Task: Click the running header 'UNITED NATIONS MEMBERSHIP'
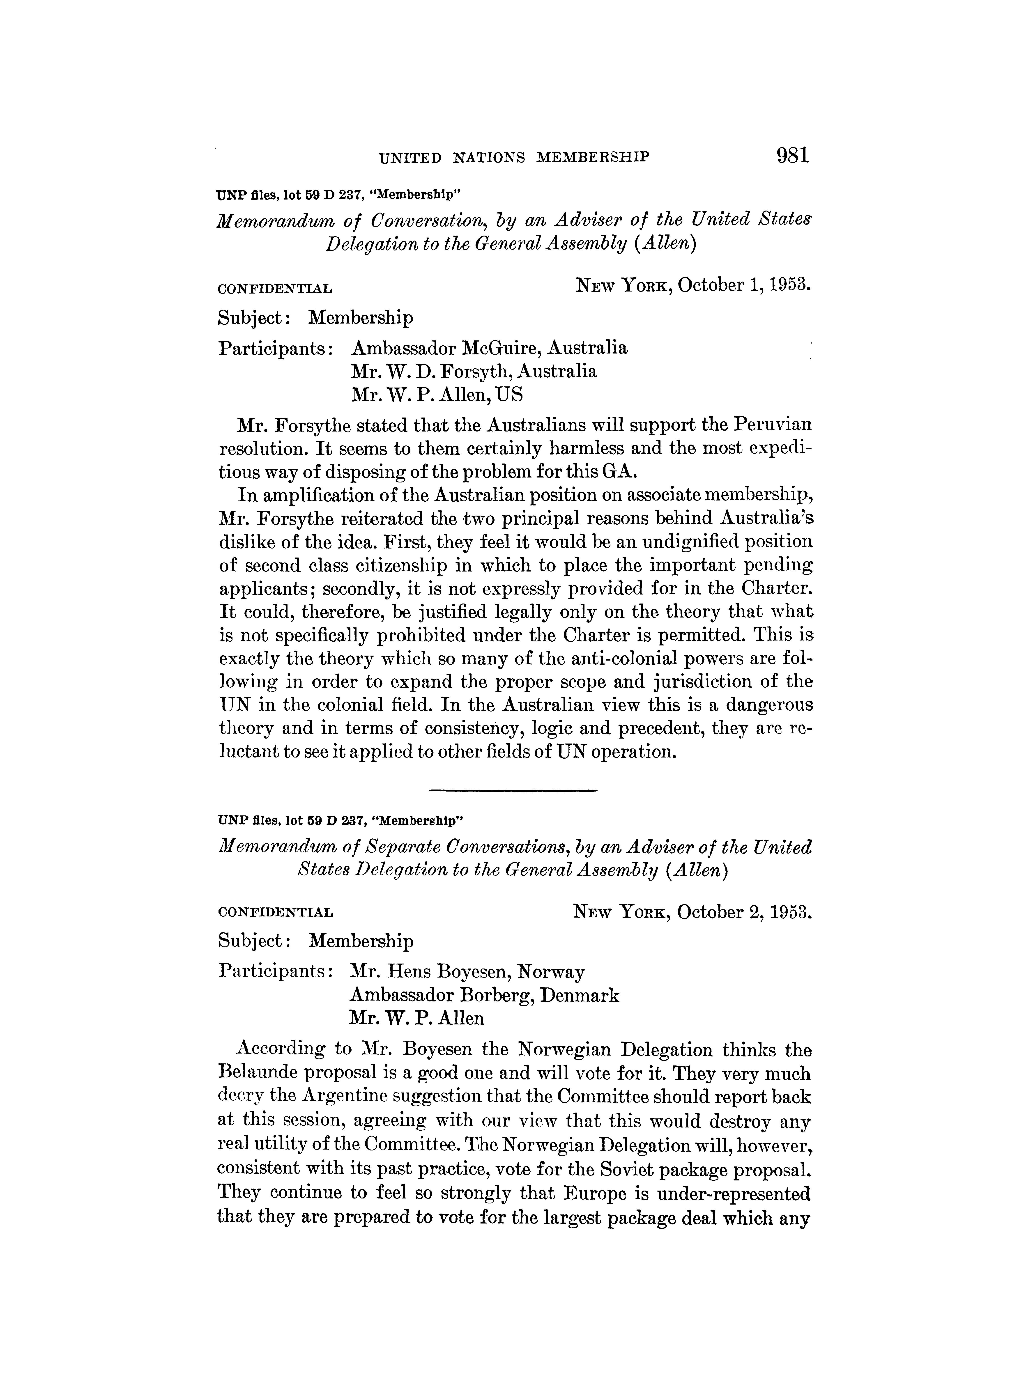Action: point(514,158)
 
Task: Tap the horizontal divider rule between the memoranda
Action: point(513,790)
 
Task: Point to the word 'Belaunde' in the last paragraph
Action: point(260,1073)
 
